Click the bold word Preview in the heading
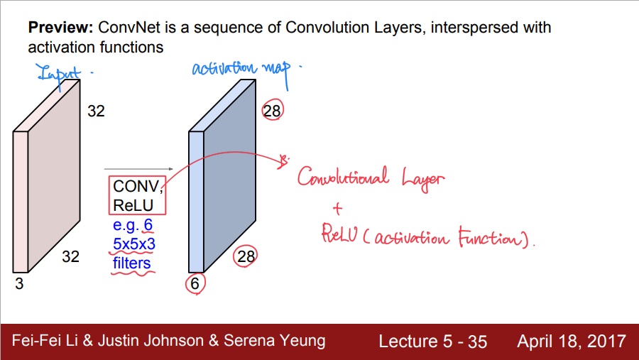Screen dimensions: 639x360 [60, 28]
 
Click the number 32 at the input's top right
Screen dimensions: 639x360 [96, 111]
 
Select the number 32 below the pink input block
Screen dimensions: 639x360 [70, 257]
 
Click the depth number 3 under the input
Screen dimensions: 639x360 [18, 284]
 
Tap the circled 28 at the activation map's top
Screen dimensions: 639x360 [273, 110]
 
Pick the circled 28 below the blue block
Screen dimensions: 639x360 [246, 257]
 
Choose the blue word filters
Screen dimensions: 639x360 [132, 263]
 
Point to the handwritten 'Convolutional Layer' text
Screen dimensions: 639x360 [370, 178]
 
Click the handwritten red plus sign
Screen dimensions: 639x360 [337, 208]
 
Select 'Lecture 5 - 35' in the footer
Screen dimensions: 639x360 [432, 341]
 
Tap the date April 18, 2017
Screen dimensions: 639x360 [572, 341]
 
